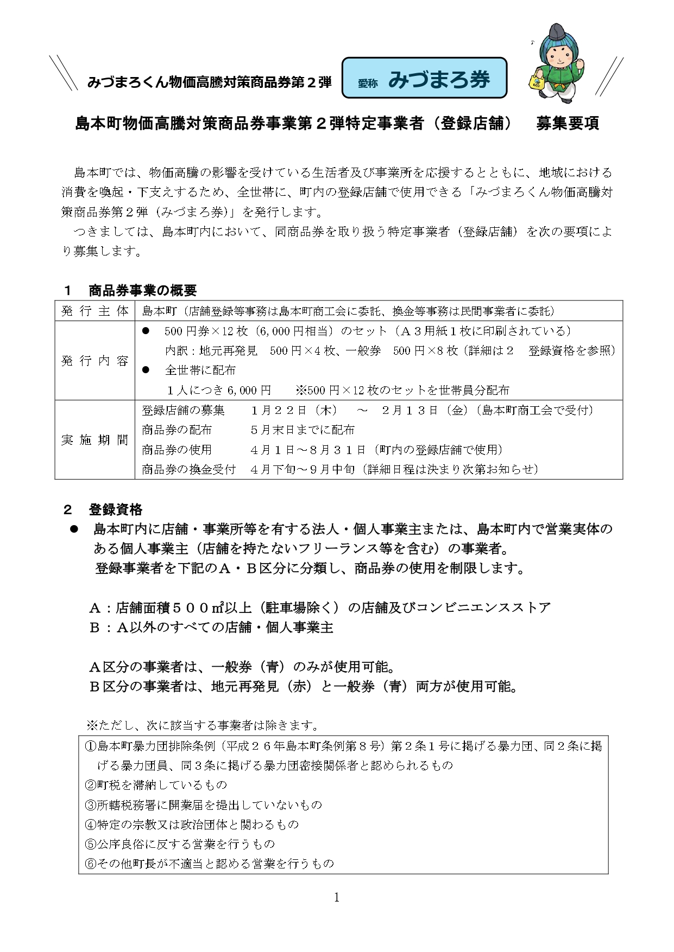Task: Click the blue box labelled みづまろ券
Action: tap(424, 78)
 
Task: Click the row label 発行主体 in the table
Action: tap(95, 311)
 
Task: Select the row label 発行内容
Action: tap(95, 361)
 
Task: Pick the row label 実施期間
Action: tap(95, 440)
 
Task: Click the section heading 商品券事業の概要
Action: tap(142, 291)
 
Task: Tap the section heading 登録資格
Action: tap(115, 509)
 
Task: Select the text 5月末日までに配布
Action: tap(303, 430)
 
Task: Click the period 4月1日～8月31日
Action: tap(308, 450)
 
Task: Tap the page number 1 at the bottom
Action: tap(337, 898)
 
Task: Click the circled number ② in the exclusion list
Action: tap(91, 785)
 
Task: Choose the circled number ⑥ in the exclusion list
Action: tap(91, 863)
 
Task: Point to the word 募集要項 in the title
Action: tap(568, 124)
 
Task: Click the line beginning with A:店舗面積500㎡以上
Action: tap(320, 608)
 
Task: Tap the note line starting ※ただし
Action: tap(202, 725)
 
